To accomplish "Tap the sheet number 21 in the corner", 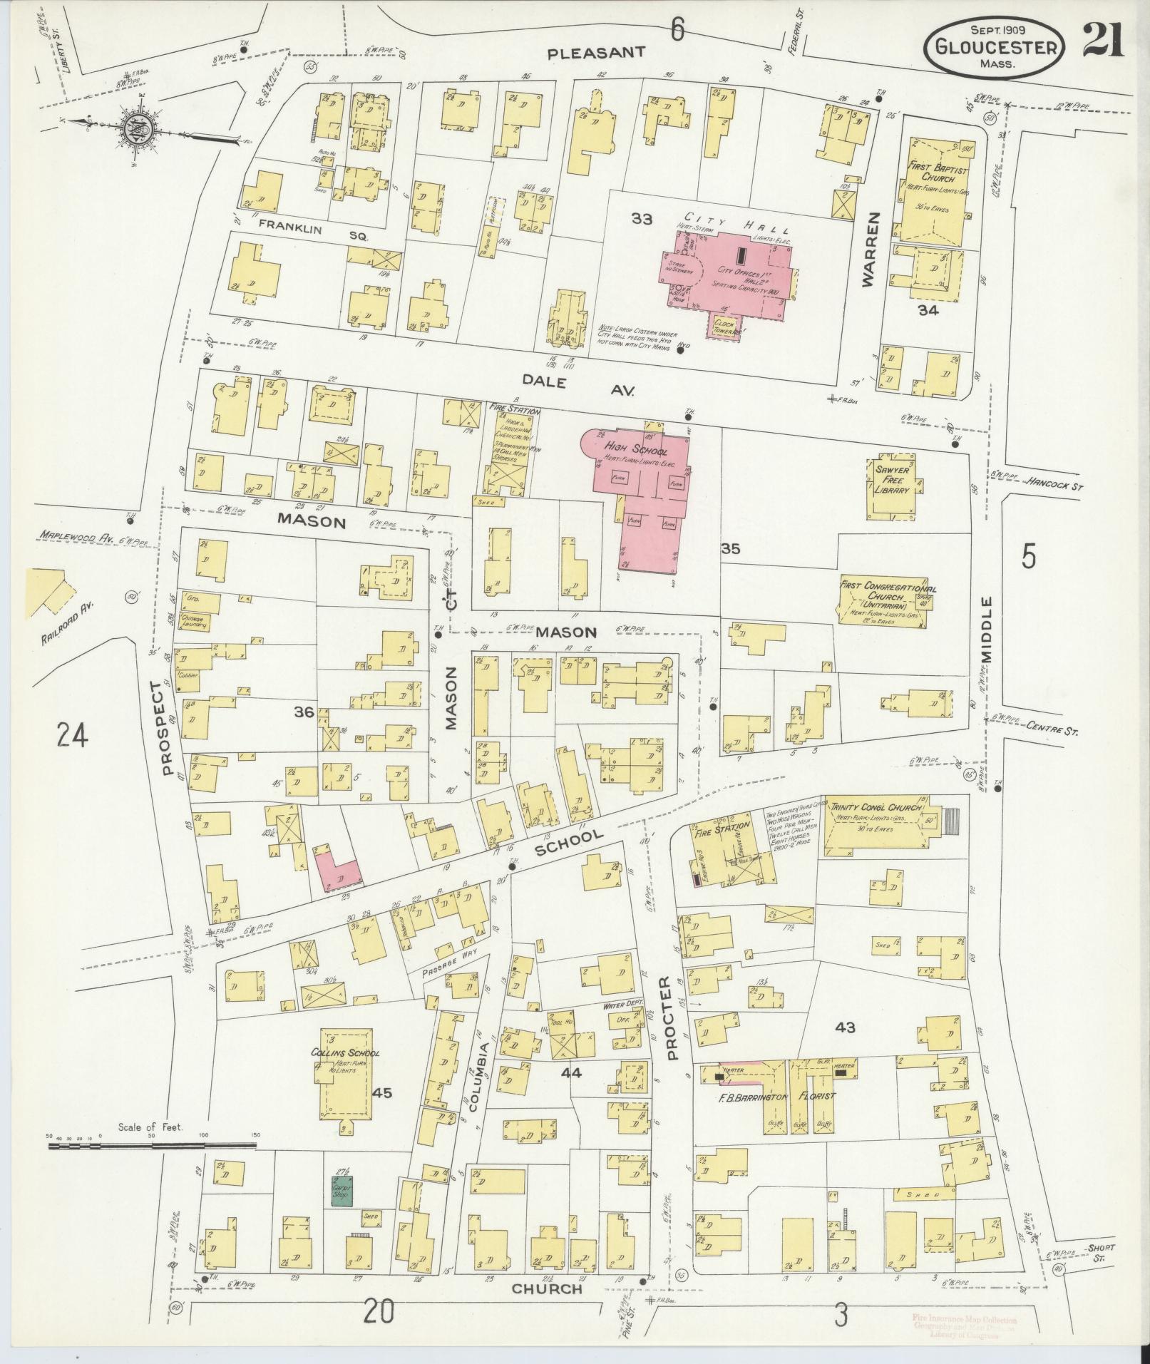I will (1104, 40).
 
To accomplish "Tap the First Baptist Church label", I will (935, 172).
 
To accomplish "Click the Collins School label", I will (345, 1053).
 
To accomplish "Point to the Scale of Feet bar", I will (152, 1146).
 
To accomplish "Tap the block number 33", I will (641, 219).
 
